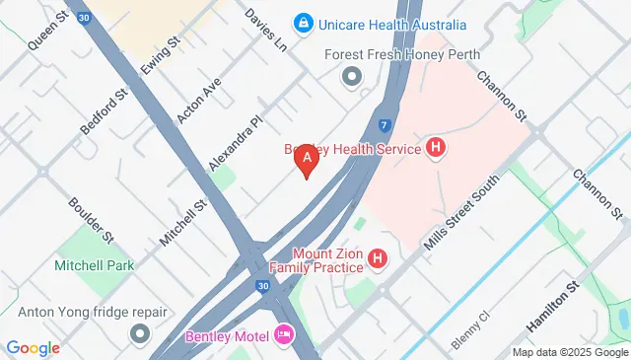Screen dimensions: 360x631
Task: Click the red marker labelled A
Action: pyautogui.click(x=307, y=158)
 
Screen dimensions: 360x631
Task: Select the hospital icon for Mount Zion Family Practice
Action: pyautogui.click(x=377, y=259)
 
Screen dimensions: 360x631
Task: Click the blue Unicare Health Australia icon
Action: pyautogui.click(x=303, y=22)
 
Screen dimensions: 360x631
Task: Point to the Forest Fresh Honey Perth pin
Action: pyautogui.click(x=350, y=76)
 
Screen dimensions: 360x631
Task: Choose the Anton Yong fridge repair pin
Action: pyautogui.click(x=139, y=333)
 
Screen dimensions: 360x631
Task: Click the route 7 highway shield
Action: pyautogui.click(x=384, y=126)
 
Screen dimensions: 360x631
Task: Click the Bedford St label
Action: pyautogui.click(x=105, y=112)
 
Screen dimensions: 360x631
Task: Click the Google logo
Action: pyautogui.click(x=34, y=347)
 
